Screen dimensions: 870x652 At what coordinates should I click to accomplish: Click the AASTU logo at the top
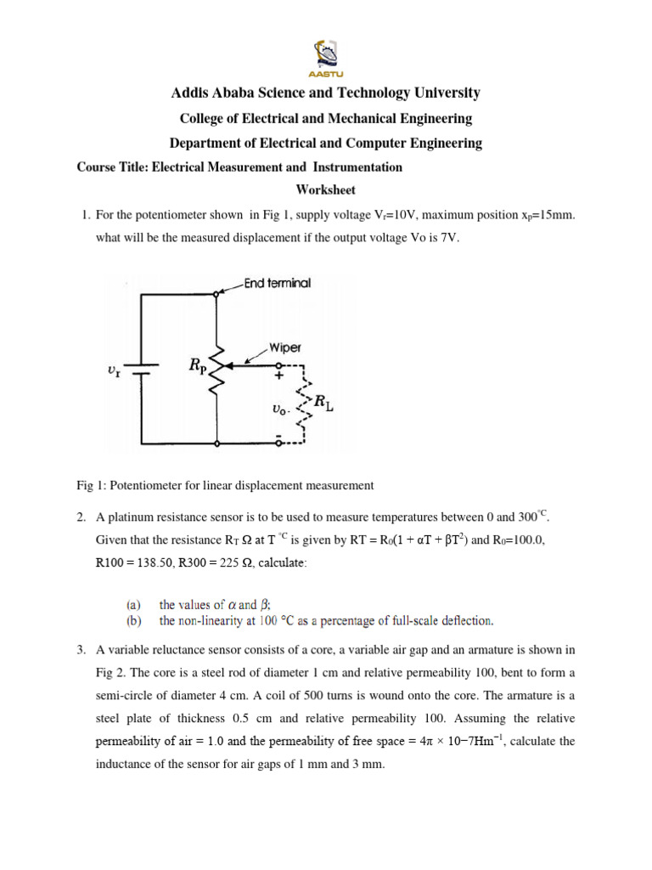pos(326,53)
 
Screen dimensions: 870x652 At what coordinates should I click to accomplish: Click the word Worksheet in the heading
pos(326,190)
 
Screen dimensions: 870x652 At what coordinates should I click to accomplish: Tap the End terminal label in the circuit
pos(277,283)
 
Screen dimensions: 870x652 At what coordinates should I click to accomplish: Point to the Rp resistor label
pos(199,366)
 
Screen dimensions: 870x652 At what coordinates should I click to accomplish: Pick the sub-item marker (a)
pos(134,605)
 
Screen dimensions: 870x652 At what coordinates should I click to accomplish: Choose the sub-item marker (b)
pos(134,620)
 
